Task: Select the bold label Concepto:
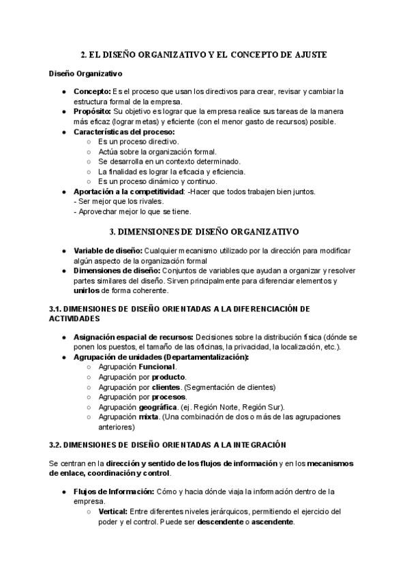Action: tap(92, 91)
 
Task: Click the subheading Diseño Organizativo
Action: tap(85, 73)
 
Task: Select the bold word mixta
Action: tap(148, 417)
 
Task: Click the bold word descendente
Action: tap(221, 521)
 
